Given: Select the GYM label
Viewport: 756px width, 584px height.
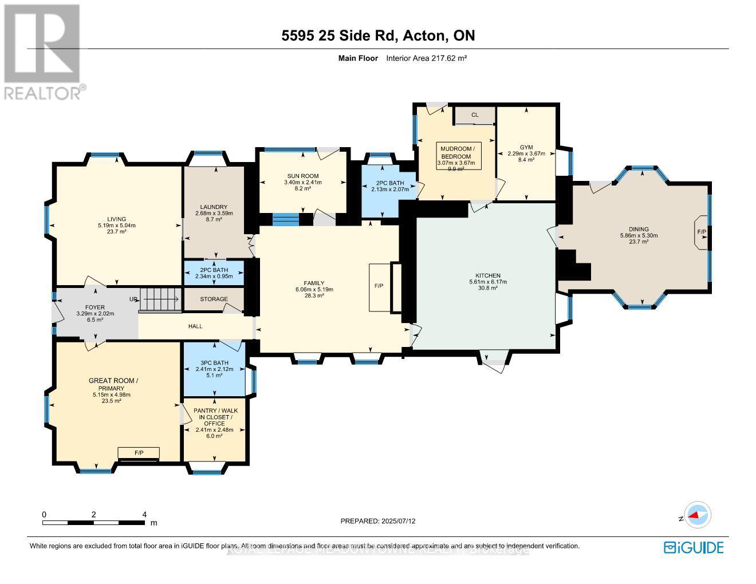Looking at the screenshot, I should (526, 147).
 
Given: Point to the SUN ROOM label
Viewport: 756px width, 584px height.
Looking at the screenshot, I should (303, 176).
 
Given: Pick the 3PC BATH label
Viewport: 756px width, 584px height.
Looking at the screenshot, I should (214, 362).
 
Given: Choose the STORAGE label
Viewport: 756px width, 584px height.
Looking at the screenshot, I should (214, 299).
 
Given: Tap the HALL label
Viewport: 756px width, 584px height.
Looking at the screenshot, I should (195, 326).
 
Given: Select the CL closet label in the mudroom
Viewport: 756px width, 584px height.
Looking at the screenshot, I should (475, 115).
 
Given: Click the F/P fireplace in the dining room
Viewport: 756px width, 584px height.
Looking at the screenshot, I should (701, 232).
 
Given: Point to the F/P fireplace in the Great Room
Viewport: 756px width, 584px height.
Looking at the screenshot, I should (139, 453).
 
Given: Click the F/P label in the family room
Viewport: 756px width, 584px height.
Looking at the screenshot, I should (379, 286).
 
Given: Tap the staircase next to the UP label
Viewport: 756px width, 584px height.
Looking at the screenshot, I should (161, 299).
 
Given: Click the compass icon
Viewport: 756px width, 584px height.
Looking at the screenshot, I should (698, 515).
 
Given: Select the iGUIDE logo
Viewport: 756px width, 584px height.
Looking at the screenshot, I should (694, 547).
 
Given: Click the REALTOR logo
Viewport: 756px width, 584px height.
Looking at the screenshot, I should (42, 52).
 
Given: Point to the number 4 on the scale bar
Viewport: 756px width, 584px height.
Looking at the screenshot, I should (144, 514).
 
